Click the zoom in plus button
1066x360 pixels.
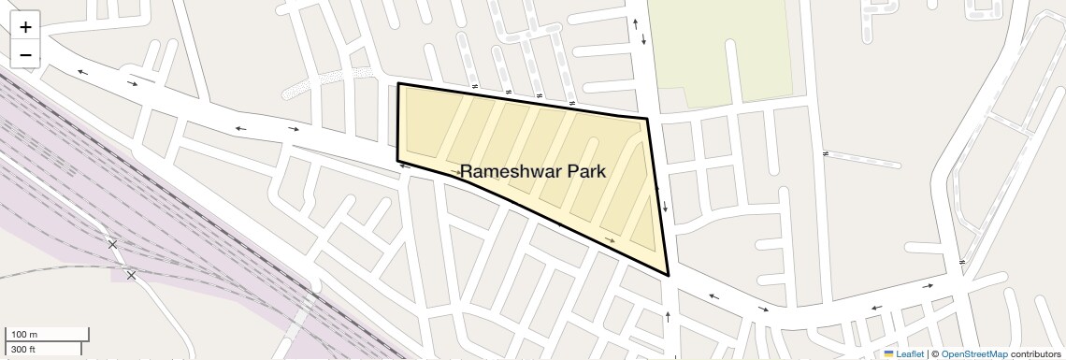pos(25,27)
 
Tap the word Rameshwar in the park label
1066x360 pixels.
pos(506,172)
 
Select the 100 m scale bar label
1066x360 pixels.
pos(25,334)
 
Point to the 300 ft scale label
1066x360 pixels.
pos(23,349)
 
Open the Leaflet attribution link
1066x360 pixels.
pos(909,353)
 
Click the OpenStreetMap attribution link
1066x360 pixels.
pos(974,353)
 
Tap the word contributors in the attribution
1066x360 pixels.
pos(1035,353)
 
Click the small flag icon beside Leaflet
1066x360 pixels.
pos(888,353)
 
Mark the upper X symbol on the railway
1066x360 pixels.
pos(113,244)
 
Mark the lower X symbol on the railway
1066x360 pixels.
pos(131,275)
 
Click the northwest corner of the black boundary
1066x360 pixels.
pos(399,84)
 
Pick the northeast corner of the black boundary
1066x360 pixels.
pos(648,119)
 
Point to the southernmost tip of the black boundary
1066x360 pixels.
pos(669,275)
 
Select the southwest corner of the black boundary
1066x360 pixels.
pos(398,160)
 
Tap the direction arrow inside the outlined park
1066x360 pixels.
pos(611,240)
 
